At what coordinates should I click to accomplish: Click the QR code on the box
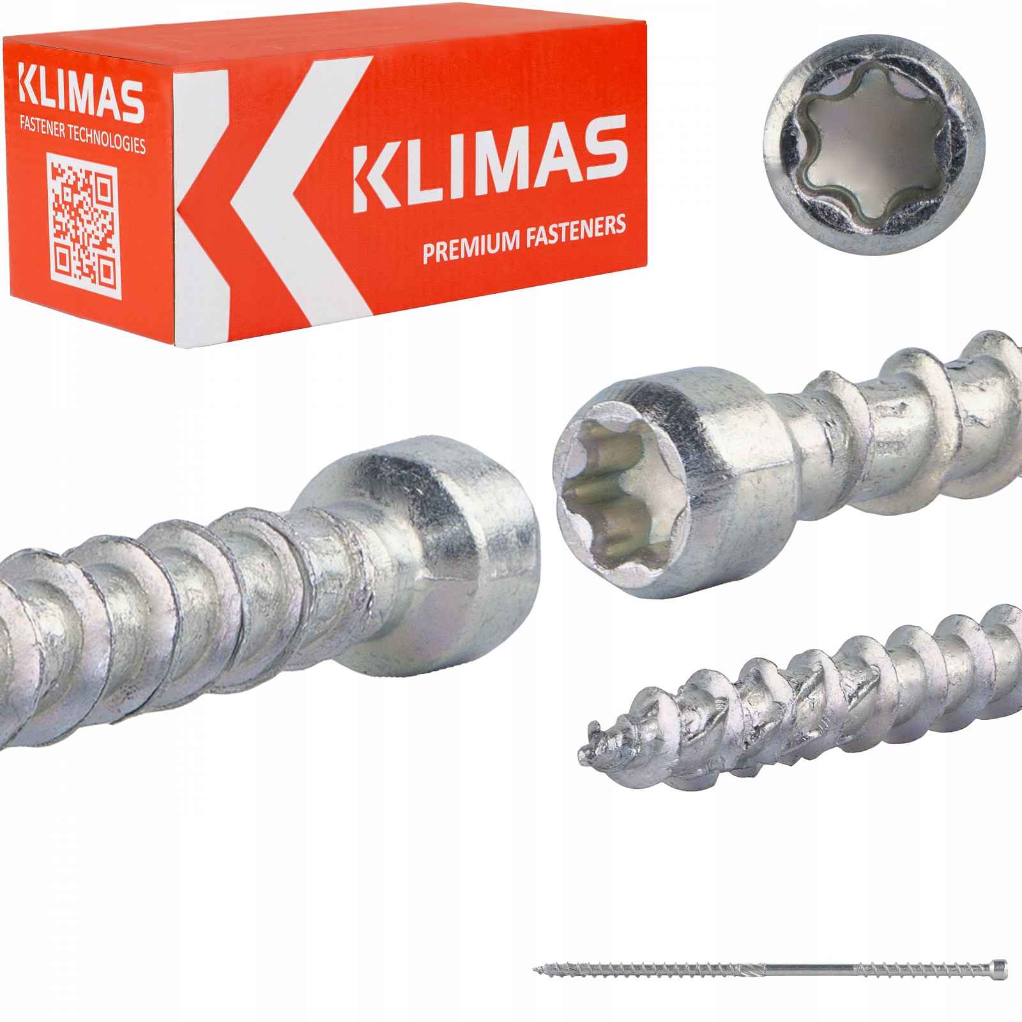click(x=83, y=226)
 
